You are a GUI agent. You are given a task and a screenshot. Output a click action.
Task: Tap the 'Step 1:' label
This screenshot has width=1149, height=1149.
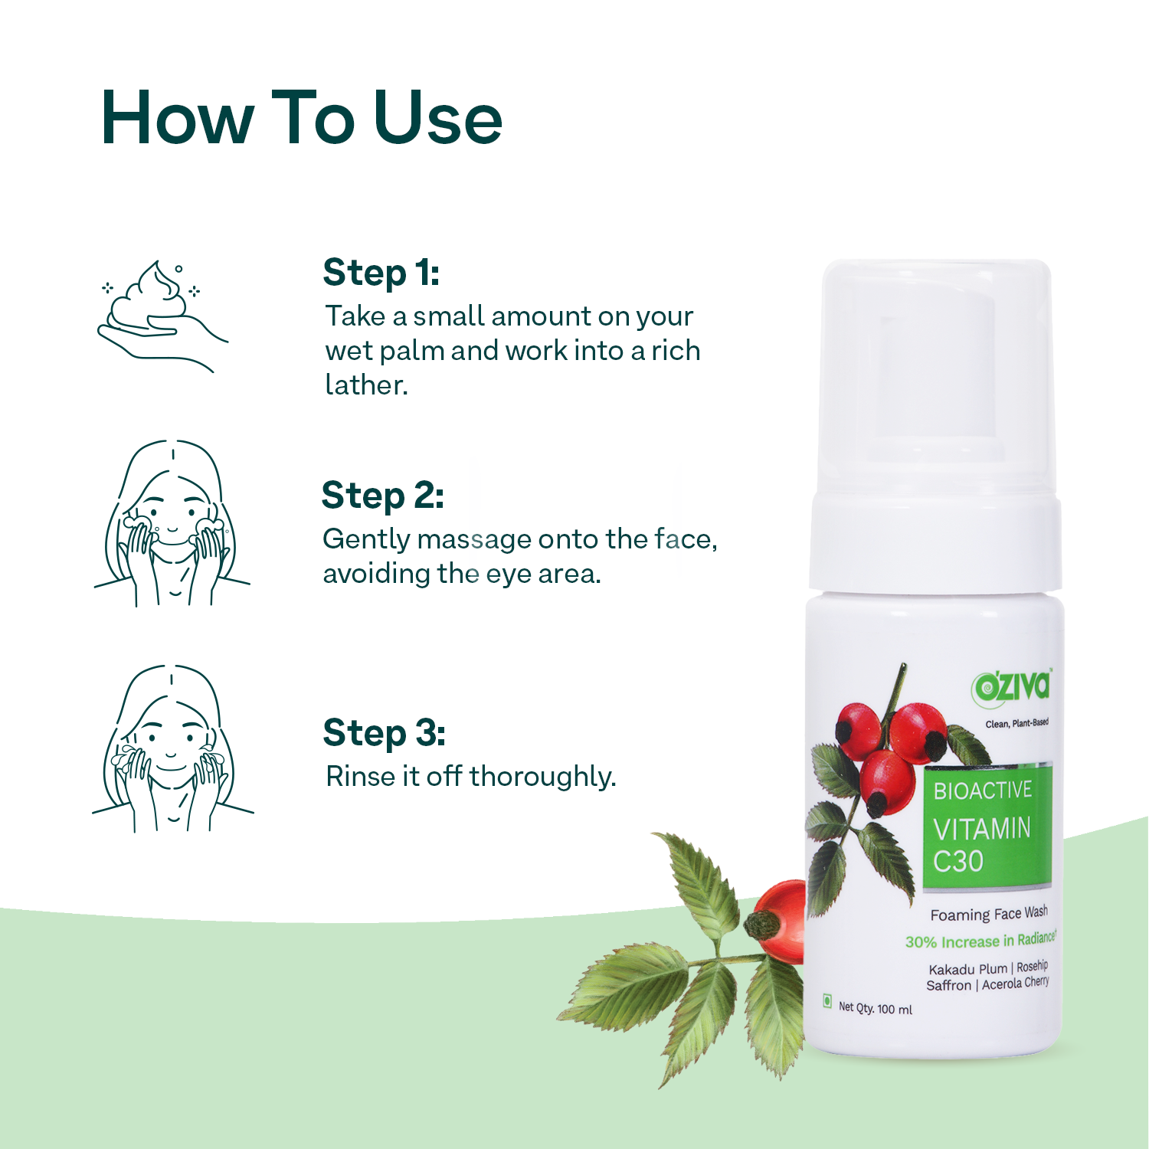pos(381,273)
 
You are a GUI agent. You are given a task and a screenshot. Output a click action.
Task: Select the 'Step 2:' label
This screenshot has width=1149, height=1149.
pos(383,496)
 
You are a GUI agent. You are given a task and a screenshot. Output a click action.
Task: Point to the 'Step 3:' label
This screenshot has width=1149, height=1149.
pos(385,734)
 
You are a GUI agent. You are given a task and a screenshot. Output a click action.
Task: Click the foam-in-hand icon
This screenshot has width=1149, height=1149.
pos(162,316)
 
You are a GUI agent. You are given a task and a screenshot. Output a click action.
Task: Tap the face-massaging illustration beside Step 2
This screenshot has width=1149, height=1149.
pos(172,524)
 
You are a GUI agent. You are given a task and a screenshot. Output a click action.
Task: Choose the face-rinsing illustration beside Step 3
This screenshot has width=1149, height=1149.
pos(172,749)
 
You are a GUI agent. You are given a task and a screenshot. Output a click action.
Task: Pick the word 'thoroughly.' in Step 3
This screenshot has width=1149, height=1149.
pos(543,777)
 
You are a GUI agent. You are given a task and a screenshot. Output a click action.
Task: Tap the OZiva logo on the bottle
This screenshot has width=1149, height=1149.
pos(1012,686)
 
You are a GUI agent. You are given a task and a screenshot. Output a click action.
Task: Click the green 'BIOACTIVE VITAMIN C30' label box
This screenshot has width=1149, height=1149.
pos(987,826)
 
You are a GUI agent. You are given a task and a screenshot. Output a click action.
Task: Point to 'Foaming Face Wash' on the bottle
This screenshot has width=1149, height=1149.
pos(989,914)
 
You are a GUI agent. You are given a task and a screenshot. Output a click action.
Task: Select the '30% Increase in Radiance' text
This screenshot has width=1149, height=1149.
pos(980,941)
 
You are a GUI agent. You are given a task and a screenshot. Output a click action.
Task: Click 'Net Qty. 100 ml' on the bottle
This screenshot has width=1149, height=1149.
pos(876,1008)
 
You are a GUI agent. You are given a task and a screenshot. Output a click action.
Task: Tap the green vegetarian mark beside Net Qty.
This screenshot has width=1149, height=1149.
pos(827,1000)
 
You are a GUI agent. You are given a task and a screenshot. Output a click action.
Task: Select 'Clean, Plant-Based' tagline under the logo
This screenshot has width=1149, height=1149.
pos(1017,723)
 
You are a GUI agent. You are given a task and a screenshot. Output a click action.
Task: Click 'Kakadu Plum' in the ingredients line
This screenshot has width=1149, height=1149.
pos(967,969)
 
